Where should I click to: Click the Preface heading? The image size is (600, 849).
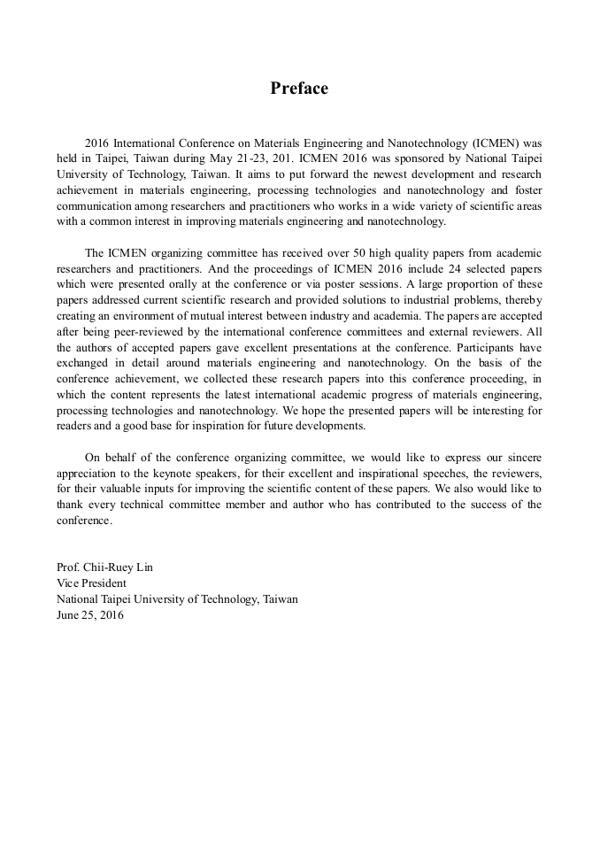299,89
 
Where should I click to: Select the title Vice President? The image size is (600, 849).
91,584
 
